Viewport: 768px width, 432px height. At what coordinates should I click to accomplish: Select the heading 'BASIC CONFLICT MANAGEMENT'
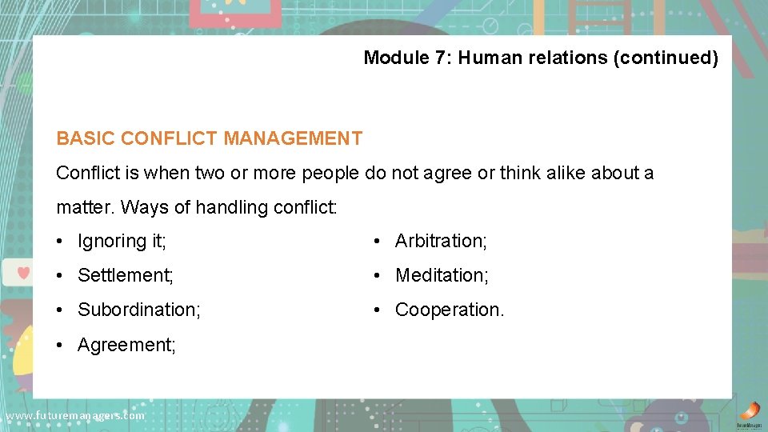209,138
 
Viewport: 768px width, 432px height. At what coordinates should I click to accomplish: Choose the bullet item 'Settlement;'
125,275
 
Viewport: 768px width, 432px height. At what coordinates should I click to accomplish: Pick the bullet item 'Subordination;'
138,310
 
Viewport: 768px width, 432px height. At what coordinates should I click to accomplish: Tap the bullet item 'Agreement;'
126,345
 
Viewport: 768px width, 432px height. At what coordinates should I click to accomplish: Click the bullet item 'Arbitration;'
441,241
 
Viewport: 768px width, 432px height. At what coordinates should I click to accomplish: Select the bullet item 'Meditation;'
442,275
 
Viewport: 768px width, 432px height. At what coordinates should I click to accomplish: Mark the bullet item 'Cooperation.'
450,310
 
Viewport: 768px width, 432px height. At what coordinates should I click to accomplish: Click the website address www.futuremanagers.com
74,416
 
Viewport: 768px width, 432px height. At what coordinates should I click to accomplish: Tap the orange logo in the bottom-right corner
749,411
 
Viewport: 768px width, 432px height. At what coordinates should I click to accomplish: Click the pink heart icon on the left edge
23,272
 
